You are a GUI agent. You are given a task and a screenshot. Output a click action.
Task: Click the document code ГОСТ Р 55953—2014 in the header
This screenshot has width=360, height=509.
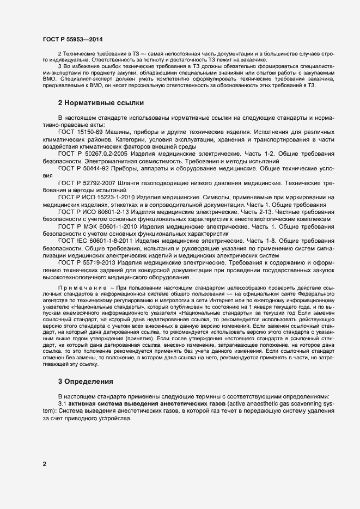(x=72, y=39)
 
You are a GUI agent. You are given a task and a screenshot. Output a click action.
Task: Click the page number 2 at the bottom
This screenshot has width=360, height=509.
(x=44, y=464)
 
